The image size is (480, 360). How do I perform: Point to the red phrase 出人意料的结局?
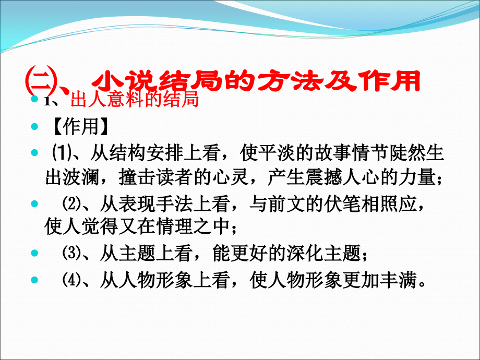[134, 100]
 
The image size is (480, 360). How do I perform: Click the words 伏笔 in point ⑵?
[326, 205]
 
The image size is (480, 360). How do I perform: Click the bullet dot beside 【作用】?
[35, 127]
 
